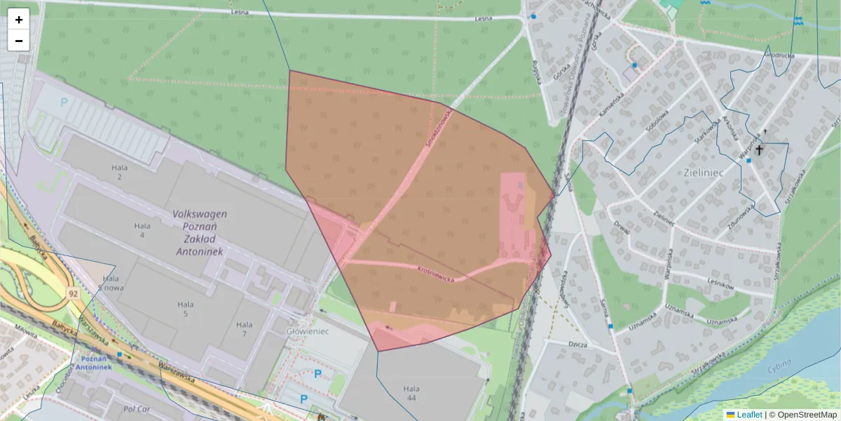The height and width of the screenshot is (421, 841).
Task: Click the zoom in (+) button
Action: point(19,20)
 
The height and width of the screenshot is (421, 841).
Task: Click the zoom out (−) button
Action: point(19,41)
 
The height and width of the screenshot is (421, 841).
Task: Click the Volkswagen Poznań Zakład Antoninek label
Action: point(200,232)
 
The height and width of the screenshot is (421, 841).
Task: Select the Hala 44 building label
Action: point(411,394)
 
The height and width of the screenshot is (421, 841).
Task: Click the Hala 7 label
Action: point(244,329)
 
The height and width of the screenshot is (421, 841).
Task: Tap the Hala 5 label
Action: point(185,309)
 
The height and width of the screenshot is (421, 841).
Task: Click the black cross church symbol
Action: point(758,149)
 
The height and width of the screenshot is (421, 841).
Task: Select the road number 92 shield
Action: point(74,293)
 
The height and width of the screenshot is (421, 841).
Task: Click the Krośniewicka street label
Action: point(435,274)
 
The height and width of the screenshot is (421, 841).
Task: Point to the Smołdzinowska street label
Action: point(438,129)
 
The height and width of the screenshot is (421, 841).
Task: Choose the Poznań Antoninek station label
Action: point(93,363)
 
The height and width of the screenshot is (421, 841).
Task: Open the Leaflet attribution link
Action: point(749,415)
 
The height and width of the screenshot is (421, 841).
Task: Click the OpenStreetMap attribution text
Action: point(807,415)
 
